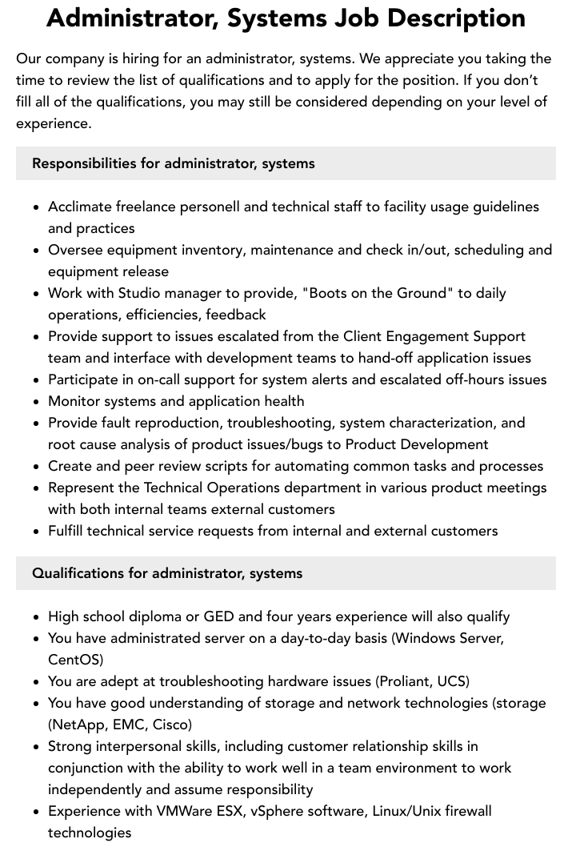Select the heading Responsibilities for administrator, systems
point(173,163)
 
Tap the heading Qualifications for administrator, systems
point(167,573)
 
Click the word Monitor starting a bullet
point(75,401)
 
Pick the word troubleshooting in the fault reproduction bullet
point(275,423)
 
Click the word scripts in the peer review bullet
point(243,466)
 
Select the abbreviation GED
point(219,616)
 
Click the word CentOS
point(75,660)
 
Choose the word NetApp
point(80,725)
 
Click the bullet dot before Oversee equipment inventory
point(37,251)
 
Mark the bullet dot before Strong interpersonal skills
point(37,747)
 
